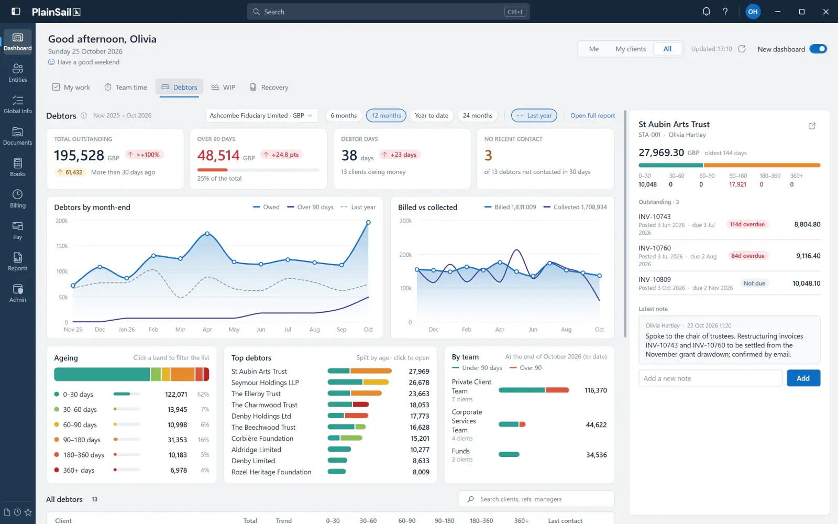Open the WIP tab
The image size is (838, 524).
tap(223, 87)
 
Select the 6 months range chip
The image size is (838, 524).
tap(344, 115)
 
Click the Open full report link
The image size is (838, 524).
tap(592, 115)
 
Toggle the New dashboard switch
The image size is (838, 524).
tap(818, 49)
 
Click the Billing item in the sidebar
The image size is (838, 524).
tap(18, 199)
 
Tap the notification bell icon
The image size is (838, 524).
tap(706, 12)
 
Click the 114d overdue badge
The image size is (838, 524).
tap(747, 224)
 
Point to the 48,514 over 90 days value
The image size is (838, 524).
tap(218, 155)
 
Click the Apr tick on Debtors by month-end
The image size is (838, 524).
tap(207, 330)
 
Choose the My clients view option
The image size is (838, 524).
tap(631, 49)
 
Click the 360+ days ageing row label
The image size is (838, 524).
tap(79, 470)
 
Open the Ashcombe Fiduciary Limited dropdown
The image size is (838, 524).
tap(261, 115)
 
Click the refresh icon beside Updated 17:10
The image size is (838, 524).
tap(742, 49)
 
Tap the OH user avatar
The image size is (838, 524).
tap(753, 12)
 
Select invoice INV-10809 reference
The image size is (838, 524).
tap(654, 279)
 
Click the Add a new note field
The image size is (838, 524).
tap(710, 378)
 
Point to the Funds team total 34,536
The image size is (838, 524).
tap(597, 455)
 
